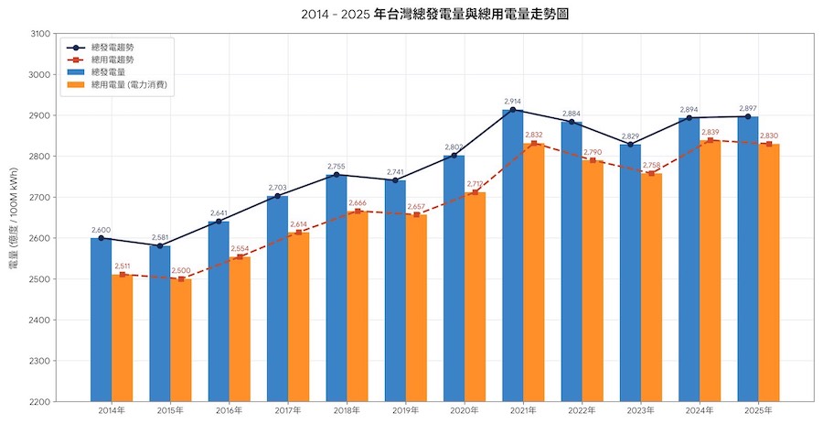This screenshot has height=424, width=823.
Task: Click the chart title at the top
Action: [435, 14]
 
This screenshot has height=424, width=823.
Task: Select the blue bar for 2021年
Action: [513, 255]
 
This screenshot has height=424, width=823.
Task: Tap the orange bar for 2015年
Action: [181, 341]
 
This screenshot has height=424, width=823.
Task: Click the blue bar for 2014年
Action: [102, 320]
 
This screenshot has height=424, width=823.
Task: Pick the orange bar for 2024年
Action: [711, 271]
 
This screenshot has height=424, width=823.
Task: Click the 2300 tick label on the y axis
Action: [39, 361]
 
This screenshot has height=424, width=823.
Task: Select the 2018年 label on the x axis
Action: [347, 410]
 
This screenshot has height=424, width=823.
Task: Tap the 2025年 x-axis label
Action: [758, 410]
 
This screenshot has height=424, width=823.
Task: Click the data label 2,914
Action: [513, 101]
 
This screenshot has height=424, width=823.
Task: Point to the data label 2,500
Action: [181, 270]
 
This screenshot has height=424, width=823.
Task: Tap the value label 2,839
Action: [711, 131]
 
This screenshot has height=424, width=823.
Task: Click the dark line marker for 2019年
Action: [395, 180]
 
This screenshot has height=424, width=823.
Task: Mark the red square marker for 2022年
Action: [593, 160]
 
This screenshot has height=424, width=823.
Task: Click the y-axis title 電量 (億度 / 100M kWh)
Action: [14, 218]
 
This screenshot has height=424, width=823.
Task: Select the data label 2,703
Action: [278, 187]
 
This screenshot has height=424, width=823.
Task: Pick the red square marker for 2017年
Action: [299, 233]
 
